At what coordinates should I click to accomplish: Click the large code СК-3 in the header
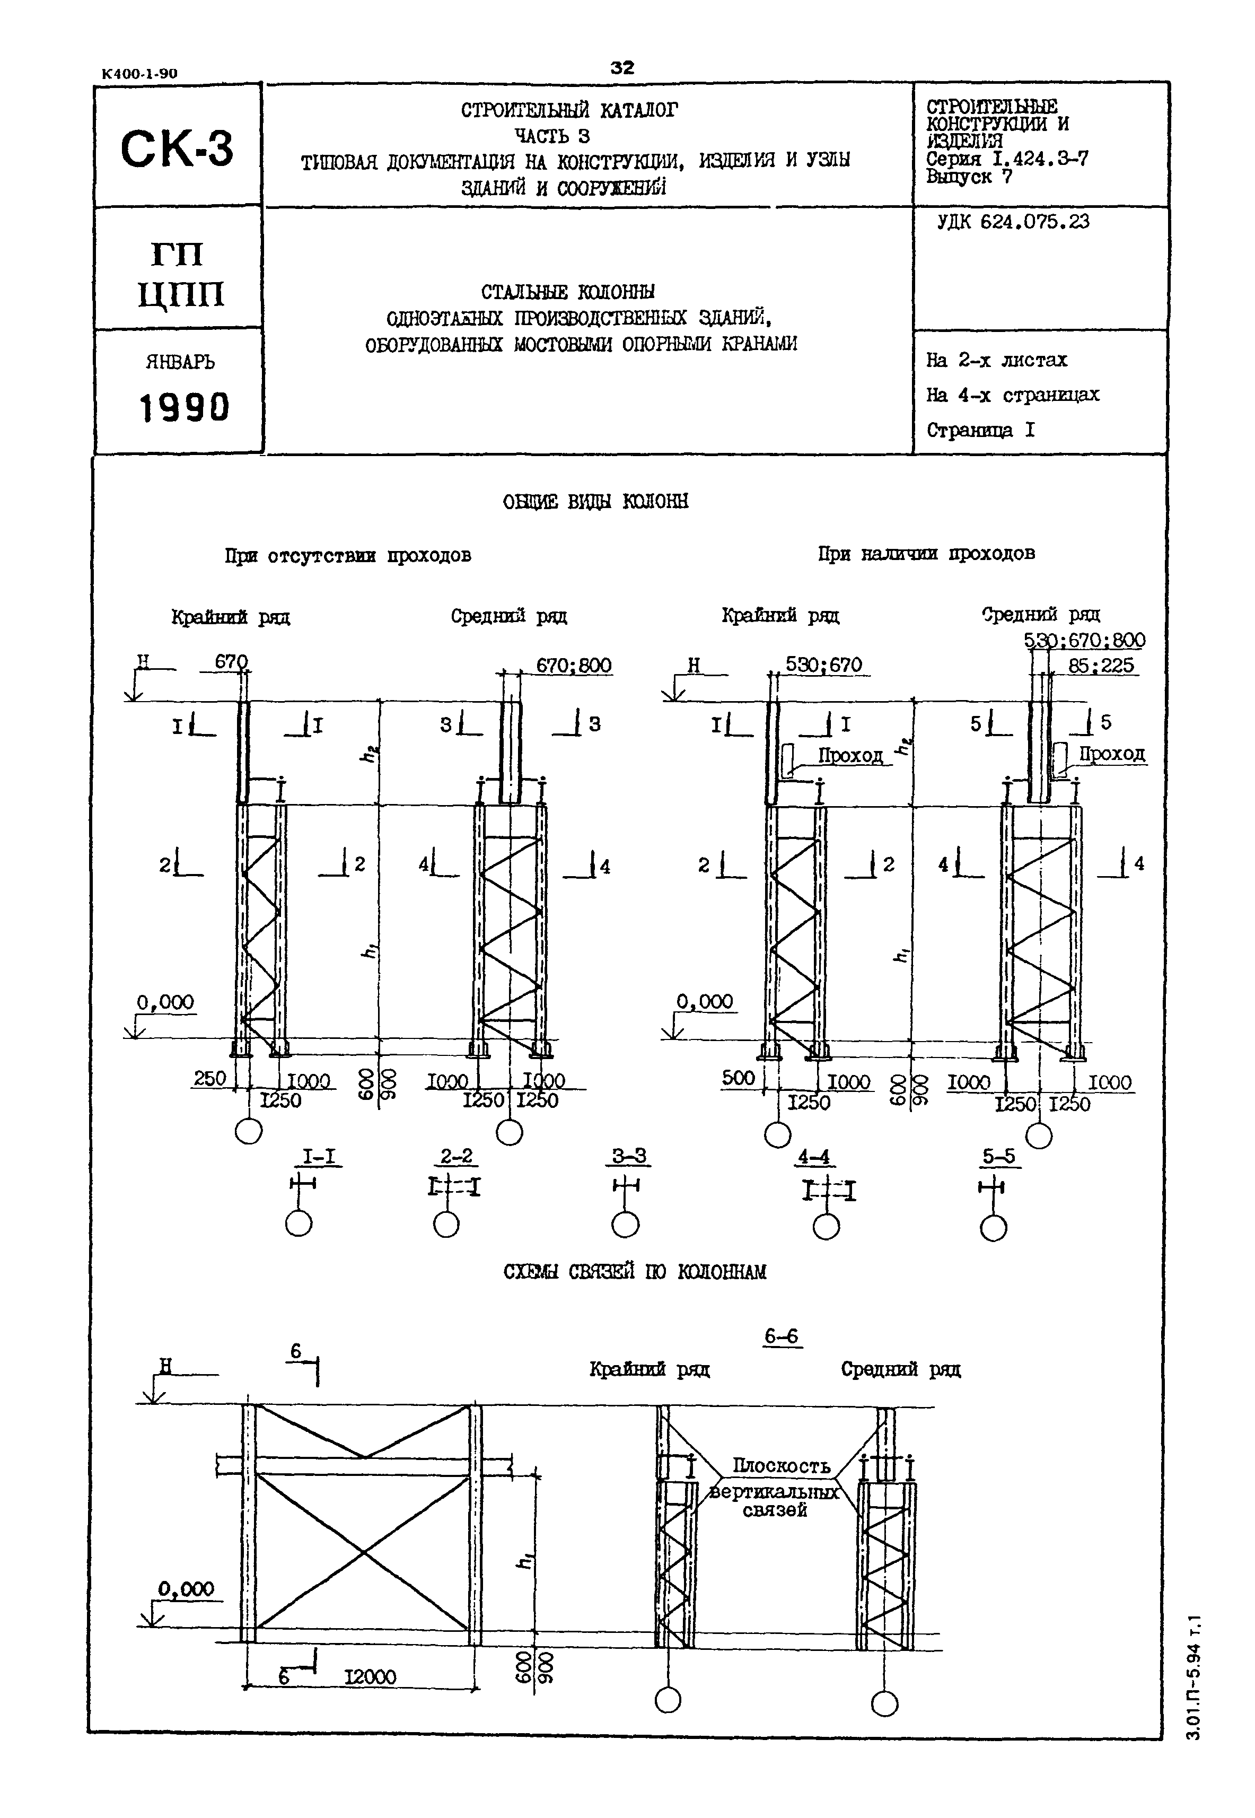177,148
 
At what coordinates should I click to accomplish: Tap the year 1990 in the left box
184,407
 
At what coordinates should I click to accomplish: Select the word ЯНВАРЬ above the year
180,363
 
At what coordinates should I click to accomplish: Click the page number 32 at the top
622,68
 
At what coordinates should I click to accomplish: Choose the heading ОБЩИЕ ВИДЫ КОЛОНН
595,502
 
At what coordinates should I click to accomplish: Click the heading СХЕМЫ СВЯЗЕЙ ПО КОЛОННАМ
635,1272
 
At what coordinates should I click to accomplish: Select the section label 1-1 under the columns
319,1157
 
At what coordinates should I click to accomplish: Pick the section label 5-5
999,1157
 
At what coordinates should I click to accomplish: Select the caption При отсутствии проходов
348,556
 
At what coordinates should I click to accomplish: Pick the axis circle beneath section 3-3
625,1225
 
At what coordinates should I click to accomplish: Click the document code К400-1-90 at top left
140,74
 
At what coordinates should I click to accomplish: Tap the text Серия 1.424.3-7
1007,159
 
